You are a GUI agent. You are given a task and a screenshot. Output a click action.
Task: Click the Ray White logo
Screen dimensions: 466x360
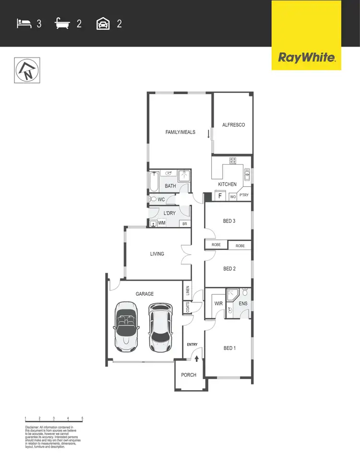[x=306, y=58]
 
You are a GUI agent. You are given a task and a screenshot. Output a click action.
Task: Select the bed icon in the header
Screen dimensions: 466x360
[x=24, y=23]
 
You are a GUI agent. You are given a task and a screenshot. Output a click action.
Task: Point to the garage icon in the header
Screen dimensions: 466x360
[x=103, y=23]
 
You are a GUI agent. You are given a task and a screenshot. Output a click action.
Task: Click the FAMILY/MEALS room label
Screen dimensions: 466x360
[x=180, y=132]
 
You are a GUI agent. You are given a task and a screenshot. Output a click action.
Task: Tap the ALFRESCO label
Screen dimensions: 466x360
[x=233, y=125]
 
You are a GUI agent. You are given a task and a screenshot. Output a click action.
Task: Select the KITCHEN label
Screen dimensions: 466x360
[x=227, y=184]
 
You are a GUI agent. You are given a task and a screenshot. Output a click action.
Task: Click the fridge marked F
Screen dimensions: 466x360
[x=220, y=196]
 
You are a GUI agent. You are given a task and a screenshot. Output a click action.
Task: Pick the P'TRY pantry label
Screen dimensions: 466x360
[x=244, y=195]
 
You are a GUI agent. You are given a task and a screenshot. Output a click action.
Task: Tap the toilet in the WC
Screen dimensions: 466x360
[x=153, y=199]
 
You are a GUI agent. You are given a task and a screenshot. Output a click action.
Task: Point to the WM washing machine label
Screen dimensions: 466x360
[x=162, y=223]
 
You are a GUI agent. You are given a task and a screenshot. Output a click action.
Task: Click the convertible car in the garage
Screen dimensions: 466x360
[x=126, y=326]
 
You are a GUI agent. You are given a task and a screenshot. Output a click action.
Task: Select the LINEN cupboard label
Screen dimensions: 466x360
[x=187, y=291]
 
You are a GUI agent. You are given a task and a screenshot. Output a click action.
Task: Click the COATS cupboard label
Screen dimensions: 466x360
[x=187, y=308]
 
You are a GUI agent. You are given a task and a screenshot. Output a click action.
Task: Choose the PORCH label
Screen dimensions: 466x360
[x=189, y=375]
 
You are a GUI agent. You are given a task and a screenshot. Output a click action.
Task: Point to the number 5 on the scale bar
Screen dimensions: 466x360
[x=83, y=418]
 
